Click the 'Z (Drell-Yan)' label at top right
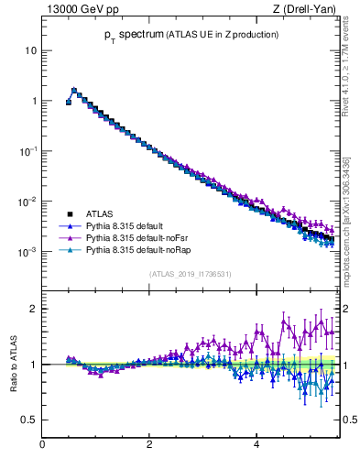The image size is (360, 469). [306, 10]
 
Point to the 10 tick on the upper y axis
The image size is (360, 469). [31, 50]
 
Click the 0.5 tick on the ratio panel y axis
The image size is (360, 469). [30, 420]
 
